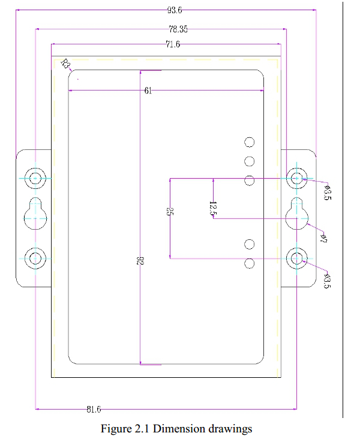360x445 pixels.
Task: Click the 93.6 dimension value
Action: click(x=175, y=10)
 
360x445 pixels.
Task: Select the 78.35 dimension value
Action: click(x=178, y=28)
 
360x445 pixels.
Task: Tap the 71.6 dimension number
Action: click(x=173, y=44)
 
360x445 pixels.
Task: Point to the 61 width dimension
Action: click(x=148, y=91)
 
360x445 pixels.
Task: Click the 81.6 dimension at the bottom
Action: click(x=93, y=410)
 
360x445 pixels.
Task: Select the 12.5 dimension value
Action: click(x=212, y=208)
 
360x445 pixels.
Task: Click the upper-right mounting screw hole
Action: click(x=296, y=178)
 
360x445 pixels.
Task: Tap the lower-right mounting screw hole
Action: click(x=296, y=258)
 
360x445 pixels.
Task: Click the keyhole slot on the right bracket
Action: click(x=296, y=214)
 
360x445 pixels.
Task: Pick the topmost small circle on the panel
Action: click(x=250, y=142)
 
